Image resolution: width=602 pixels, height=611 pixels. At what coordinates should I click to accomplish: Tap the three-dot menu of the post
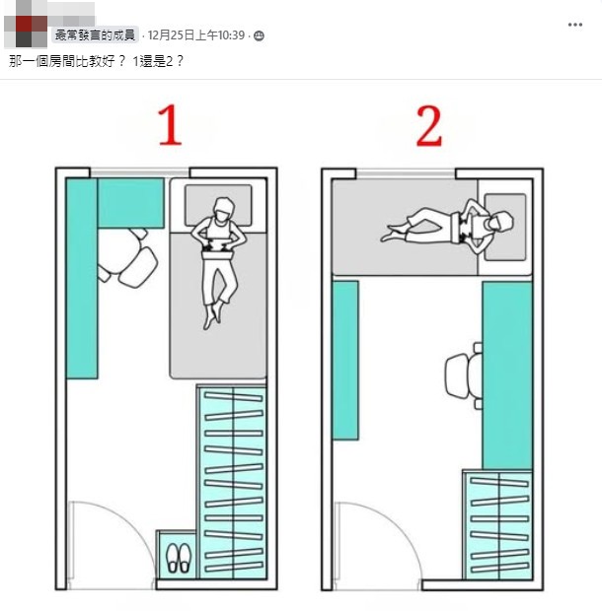click(575, 24)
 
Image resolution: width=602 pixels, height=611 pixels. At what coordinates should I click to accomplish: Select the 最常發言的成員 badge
click(96, 36)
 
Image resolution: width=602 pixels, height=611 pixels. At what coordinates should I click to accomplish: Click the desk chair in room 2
click(462, 375)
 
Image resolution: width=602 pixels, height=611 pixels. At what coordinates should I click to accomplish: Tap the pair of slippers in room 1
click(177, 558)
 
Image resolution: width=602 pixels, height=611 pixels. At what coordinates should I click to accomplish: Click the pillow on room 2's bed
click(506, 226)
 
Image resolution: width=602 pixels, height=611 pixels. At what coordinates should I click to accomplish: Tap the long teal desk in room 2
click(506, 374)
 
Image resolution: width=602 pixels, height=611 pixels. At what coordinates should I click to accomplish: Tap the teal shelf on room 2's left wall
click(344, 360)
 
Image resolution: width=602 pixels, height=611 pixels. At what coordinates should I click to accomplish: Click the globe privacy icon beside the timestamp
click(260, 36)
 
